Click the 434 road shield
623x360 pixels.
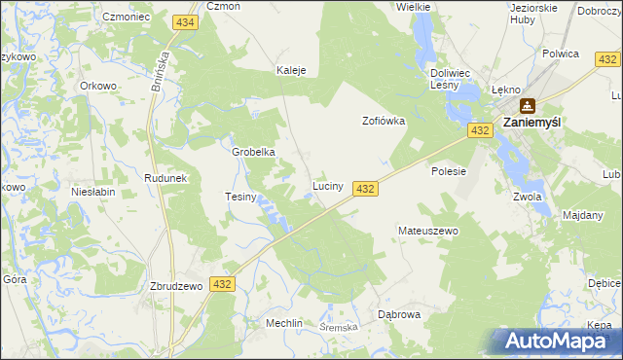coord(184,20)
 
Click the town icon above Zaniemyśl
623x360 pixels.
coord(527,105)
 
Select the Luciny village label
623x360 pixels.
coord(326,185)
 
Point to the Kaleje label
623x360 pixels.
coord(291,71)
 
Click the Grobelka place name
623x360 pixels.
coord(253,152)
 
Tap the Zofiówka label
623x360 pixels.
coord(383,122)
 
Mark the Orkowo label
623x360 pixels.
coord(98,85)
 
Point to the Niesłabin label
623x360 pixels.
coord(93,192)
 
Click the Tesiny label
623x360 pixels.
coord(240,197)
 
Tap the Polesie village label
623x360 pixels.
coord(449,171)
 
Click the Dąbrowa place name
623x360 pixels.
coord(398,314)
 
